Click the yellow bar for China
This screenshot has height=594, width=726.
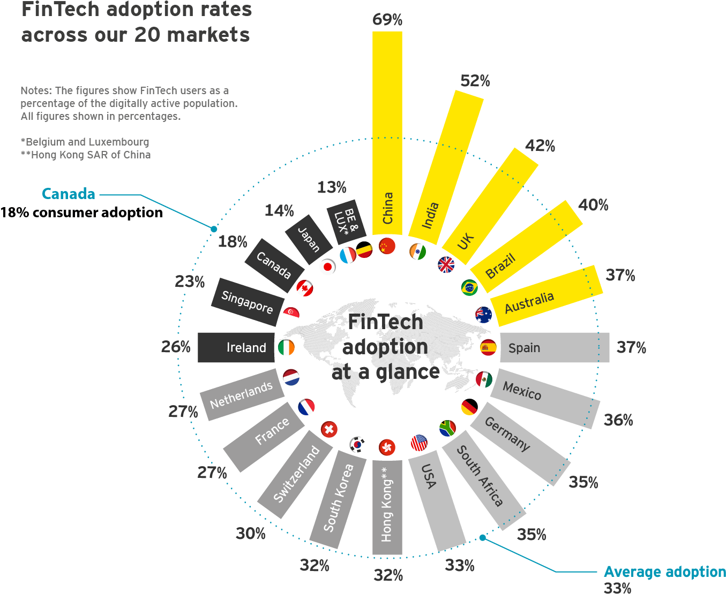point(387,134)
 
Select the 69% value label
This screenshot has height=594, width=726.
point(387,20)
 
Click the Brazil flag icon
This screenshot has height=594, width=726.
point(469,287)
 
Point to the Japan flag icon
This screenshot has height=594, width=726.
point(327,266)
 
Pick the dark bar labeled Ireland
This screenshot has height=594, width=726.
point(236,347)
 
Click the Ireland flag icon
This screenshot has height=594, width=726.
point(286,347)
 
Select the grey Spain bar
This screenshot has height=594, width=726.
point(555,347)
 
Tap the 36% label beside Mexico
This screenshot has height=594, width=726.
point(618,420)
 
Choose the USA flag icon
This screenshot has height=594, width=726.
point(419,443)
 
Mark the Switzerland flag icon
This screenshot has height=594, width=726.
point(329,429)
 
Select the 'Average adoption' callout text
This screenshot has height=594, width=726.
point(664,572)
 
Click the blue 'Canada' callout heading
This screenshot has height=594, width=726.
point(69,194)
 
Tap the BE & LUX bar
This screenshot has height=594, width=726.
point(346,220)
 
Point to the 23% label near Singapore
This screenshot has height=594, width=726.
point(190,281)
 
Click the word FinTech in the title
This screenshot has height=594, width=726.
point(59,10)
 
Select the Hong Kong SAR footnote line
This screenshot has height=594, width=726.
point(86,155)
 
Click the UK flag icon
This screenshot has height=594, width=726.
point(446,264)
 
